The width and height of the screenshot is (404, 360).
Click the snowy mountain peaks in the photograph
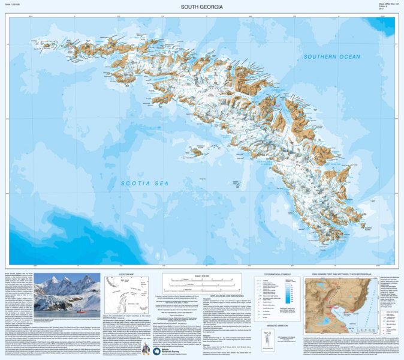point(63,285)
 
